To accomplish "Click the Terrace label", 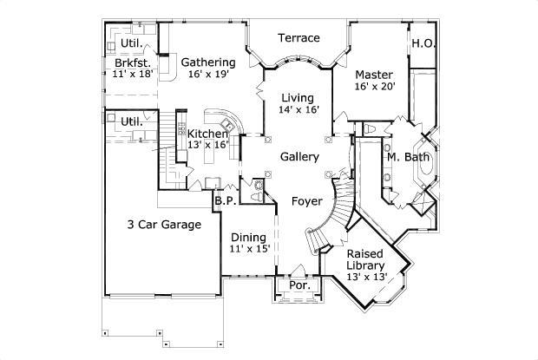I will [x=299, y=38].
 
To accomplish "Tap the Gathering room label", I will [x=208, y=62].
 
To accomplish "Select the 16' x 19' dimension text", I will [x=208, y=75].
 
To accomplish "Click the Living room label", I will [x=298, y=97].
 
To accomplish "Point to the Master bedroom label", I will [x=375, y=75].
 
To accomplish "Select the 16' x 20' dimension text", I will [x=375, y=87].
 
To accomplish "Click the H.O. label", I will [x=423, y=43].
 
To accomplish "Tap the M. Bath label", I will [x=404, y=157].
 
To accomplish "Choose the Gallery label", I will [x=299, y=157].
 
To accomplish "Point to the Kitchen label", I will [x=208, y=134].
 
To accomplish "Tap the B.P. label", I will [x=223, y=200].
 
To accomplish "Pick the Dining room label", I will [x=250, y=237].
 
